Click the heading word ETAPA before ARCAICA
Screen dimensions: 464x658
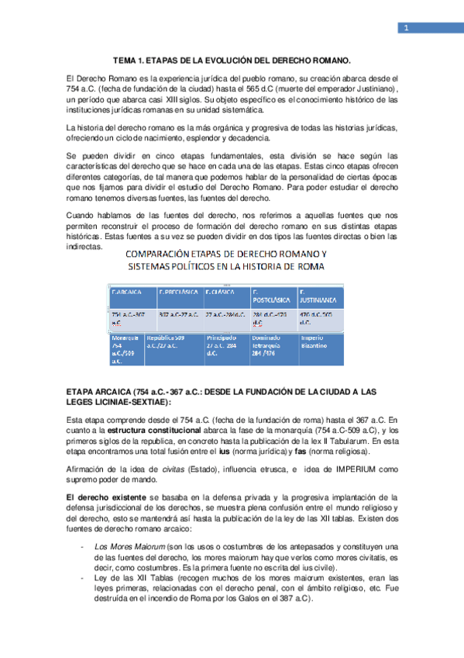[x=82, y=392]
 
